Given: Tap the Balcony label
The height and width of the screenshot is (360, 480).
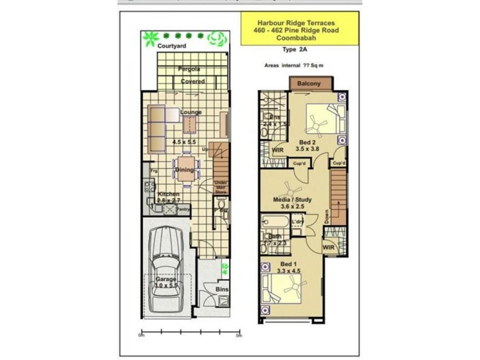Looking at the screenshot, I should click(x=309, y=83).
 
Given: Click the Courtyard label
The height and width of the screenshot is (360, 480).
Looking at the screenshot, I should click(x=172, y=46).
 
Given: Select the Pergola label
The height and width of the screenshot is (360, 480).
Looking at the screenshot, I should click(x=188, y=70).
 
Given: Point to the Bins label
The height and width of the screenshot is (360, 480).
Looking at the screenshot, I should click(x=221, y=289).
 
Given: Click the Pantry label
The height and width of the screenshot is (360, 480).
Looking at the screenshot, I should click(x=182, y=209).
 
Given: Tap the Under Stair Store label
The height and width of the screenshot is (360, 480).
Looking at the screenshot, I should click(x=221, y=188).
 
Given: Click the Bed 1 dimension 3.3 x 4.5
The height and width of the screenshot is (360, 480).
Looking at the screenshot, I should click(x=288, y=271).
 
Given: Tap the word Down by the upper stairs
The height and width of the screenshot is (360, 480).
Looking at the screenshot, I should click(x=326, y=216).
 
